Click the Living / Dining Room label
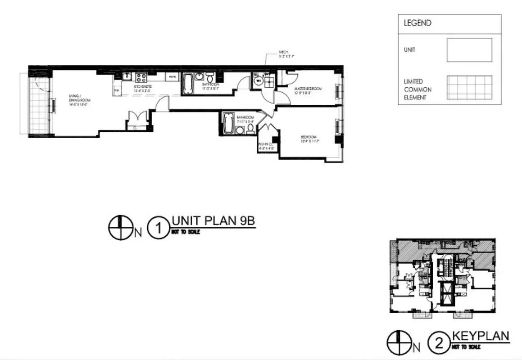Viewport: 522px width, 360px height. [x=78, y=99]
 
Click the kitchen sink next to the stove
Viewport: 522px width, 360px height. [x=127, y=76]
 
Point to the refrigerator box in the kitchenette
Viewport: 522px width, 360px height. [x=172, y=77]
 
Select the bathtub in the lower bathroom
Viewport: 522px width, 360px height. [x=227, y=123]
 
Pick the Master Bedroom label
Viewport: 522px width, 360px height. [x=308, y=91]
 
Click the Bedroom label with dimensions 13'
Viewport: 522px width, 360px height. [x=309, y=139]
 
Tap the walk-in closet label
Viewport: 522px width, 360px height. [x=265, y=146]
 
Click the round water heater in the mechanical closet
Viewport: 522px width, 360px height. [x=258, y=81]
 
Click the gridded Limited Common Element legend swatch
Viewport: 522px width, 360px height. [x=469, y=88]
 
